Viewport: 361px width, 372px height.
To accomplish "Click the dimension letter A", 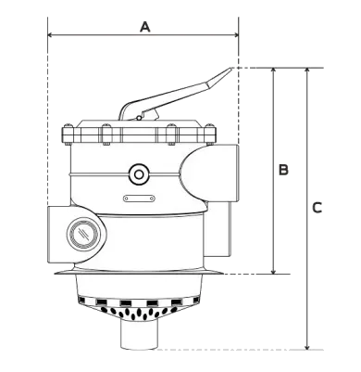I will (x=144, y=27).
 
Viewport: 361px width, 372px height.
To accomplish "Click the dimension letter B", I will (x=283, y=170).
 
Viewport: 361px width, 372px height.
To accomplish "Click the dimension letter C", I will (x=317, y=208).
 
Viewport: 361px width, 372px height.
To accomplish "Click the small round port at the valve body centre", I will (x=139, y=173).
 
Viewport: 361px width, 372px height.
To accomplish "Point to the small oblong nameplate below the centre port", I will (x=139, y=197).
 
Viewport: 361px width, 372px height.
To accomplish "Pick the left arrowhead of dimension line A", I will (x=50, y=34).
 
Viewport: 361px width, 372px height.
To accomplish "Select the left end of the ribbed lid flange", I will (x=63, y=135).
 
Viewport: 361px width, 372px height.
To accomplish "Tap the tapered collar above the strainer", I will (x=139, y=282).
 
